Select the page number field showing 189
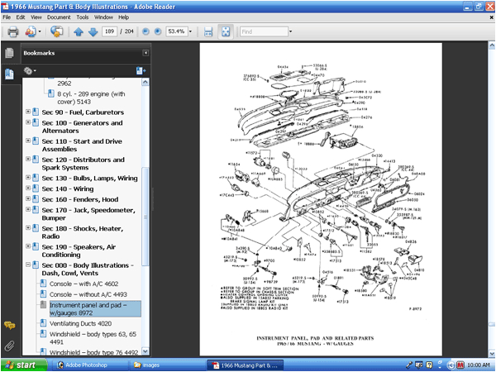pos(109,31)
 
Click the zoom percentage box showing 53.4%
pos(176,31)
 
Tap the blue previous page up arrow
pos(78,31)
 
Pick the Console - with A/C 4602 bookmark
pos(82,284)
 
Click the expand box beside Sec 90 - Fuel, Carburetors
pos(28,112)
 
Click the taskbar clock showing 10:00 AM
pos(478,365)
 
